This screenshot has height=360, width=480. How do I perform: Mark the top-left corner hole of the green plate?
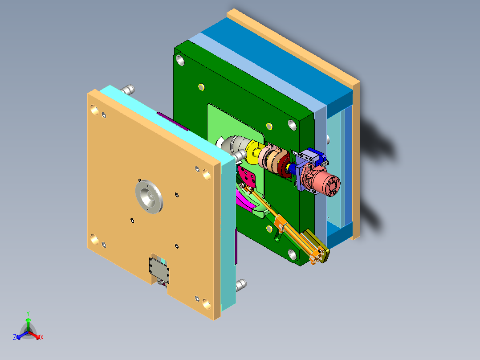180,59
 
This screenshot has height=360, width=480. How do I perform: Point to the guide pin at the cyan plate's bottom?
241,284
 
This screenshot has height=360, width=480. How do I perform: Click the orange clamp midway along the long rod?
280,223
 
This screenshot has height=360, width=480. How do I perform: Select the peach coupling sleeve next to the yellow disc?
270,157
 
